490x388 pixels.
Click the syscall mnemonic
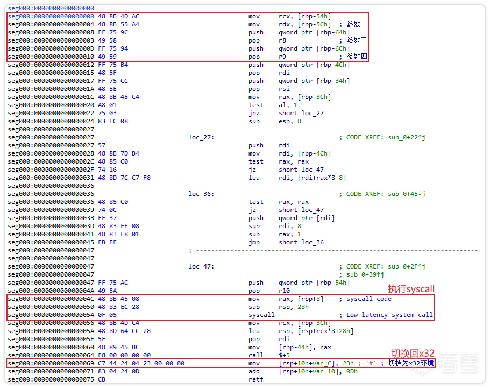click(261, 315)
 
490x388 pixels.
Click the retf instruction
click(256, 379)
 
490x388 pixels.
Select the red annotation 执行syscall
click(411, 288)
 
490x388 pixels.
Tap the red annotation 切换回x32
click(413, 354)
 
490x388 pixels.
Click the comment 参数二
click(357, 24)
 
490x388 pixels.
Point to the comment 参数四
click(357, 57)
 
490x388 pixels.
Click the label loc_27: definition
click(201, 137)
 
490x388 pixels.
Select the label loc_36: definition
click(201, 194)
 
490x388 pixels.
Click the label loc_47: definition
click(201, 266)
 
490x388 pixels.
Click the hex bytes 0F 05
click(107, 315)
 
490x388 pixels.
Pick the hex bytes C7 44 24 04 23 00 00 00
click(141, 363)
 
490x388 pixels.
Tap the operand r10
click(285, 291)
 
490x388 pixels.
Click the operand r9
click(282, 57)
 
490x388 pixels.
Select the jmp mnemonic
click(254, 242)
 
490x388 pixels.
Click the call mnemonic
click(256, 355)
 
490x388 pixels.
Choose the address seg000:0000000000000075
click(51, 379)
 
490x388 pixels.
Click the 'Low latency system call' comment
click(389, 315)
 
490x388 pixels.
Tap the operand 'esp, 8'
click(290, 121)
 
